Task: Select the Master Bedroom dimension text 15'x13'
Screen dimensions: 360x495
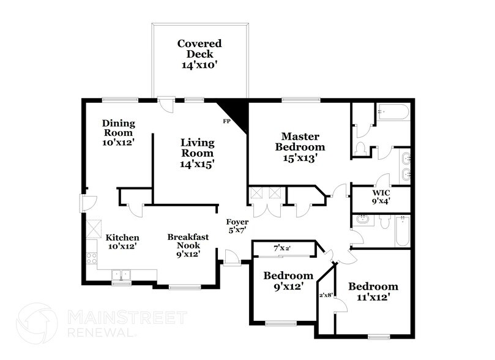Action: (300, 157)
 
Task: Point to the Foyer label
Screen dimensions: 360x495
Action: (237, 222)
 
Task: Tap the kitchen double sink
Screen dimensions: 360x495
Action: (121, 275)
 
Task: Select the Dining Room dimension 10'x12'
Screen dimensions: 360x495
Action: (118, 142)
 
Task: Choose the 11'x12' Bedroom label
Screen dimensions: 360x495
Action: (373, 292)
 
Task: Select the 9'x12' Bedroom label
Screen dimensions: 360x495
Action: (288, 281)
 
